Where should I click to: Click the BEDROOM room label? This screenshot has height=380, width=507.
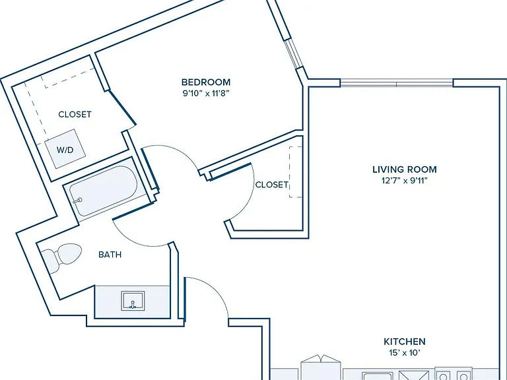click(x=206, y=82)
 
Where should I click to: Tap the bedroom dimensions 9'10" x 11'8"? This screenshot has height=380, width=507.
click(x=206, y=94)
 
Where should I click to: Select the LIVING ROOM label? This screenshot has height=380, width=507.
click(x=405, y=170)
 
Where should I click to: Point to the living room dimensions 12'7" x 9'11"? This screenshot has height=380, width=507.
click(x=405, y=181)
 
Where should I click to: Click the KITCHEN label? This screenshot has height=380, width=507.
click(x=405, y=341)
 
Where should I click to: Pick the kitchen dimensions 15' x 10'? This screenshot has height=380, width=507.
click(x=405, y=352)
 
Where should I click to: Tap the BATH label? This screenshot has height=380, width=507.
click(x=110, y=255)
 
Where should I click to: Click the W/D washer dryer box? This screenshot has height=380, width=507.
click(x=65, y=149)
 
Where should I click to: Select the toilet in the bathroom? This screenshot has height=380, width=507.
click(x=61, y=258)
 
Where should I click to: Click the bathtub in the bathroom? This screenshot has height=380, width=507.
click(x=104, y=191)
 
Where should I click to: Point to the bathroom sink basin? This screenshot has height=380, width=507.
click(x=133, y=301)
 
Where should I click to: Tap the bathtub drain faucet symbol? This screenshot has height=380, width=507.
click(x=77, y=201)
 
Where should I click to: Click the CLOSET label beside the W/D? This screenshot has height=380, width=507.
click(x=75, y=114)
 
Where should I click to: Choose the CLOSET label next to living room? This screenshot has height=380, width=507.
click(x=271, y=185)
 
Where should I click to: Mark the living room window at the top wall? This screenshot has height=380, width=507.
click(x=397, y=83)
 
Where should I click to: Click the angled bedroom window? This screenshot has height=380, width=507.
click(x=294, y=54)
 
